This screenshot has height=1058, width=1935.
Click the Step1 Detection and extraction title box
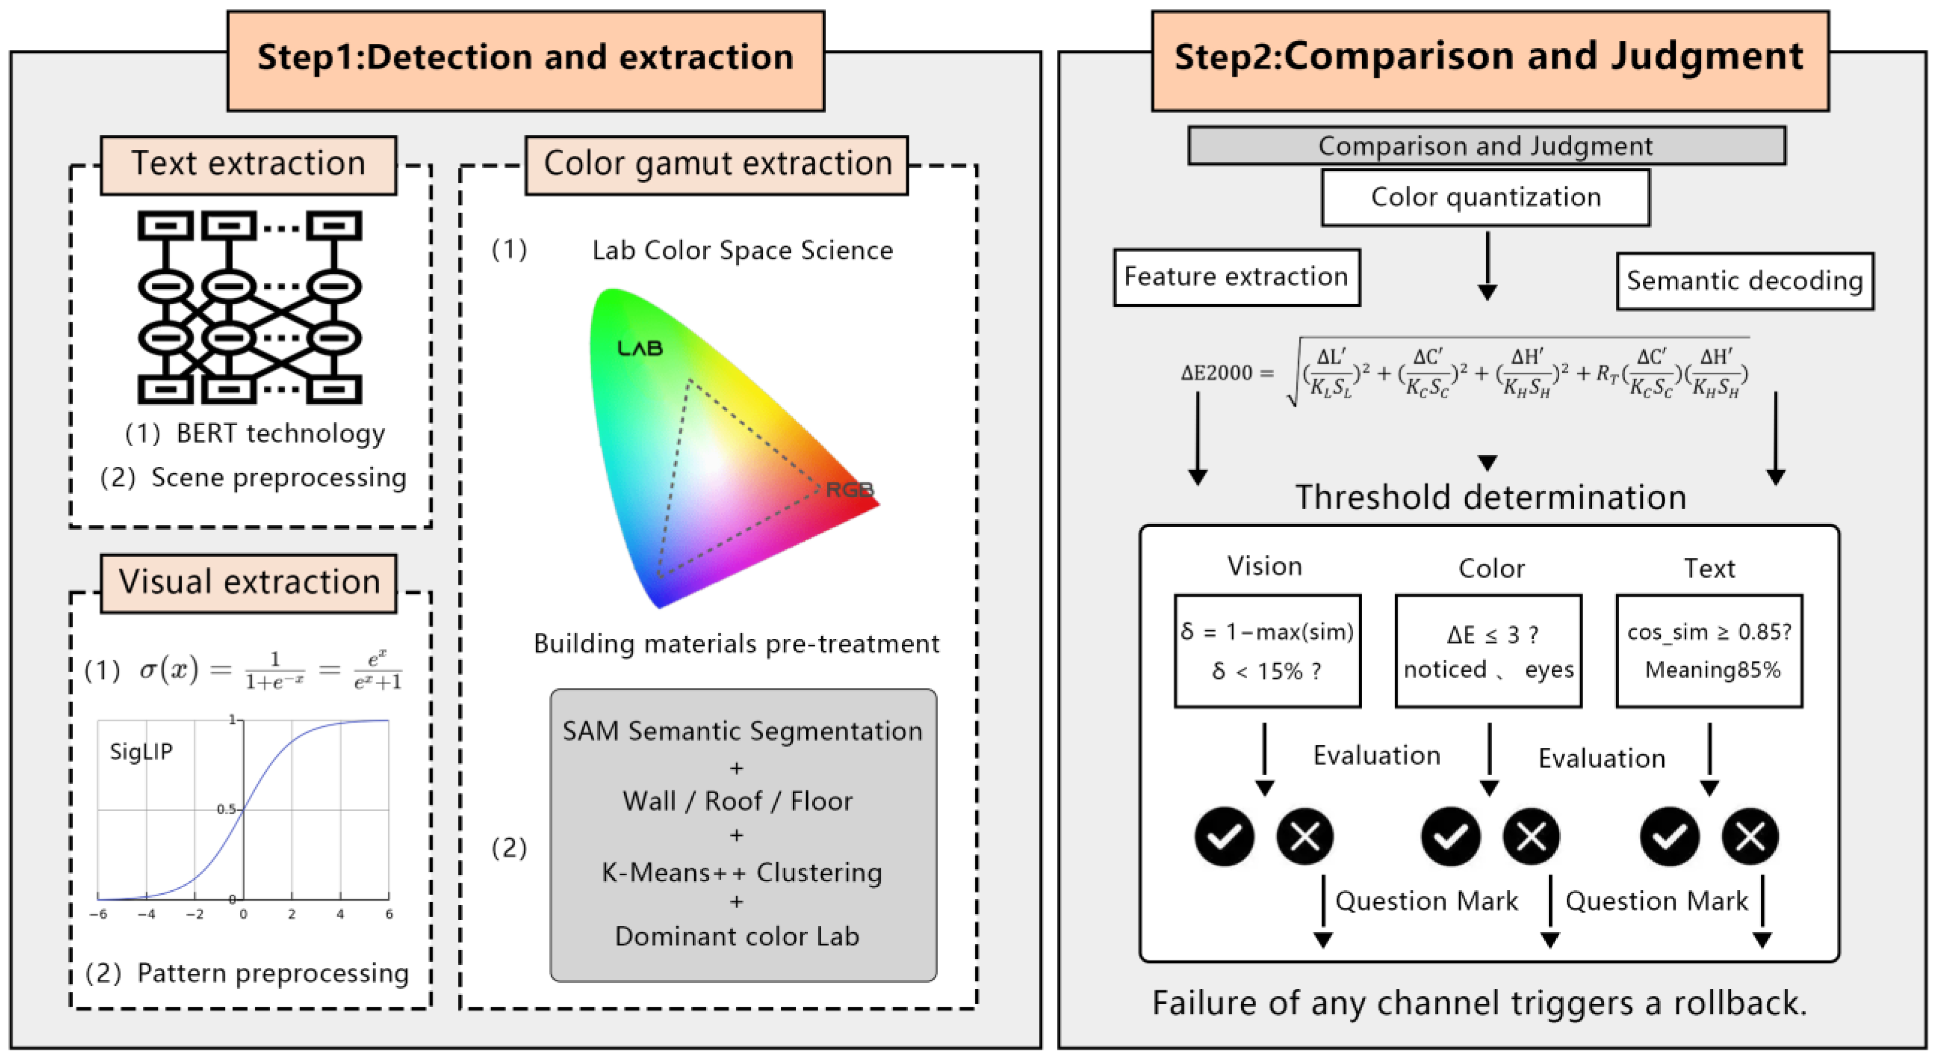(x=526, y=60)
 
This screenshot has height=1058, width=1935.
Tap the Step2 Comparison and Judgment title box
(x=1490, y=60)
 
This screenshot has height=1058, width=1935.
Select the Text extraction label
(x=249, y=165)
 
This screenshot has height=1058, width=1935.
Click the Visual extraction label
(x=249, y=583)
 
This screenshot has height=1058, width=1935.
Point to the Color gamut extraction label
(x=717, y=165)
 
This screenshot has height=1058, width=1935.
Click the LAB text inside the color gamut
(x=640, y=348)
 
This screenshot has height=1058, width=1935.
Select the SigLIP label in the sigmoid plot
(x=141, y=751)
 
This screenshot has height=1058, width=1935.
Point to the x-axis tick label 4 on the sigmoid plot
(x=340, y=915)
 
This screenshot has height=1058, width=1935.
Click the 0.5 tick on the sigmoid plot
(x=226, y=809)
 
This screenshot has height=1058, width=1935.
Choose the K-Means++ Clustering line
(x=742, y=872)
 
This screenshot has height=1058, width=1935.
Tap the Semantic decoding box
(x=1745, y=281)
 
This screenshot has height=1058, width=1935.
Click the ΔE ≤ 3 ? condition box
(x=1489, y=652)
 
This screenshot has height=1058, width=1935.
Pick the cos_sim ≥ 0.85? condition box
(x=1710, y=652)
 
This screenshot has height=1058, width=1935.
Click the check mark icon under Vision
(x=1224, y=836)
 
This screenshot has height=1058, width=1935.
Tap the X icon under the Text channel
(x=1750, y=836)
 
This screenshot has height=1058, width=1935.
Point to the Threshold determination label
(x=1491, y=497)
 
